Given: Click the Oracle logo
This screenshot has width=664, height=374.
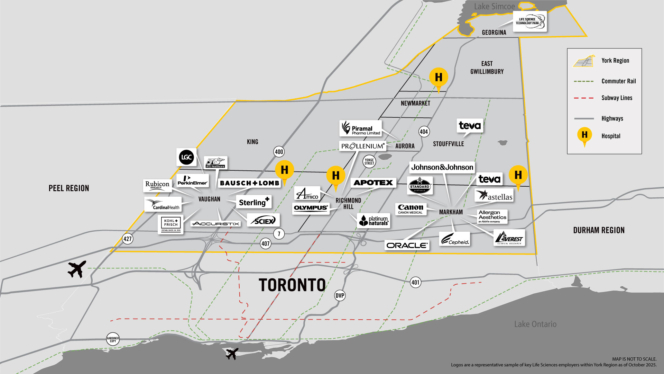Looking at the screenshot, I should coord(407,245).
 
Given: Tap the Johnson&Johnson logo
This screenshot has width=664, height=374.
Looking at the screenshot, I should coord(442,167).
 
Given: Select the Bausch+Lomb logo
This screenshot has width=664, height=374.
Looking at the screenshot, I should coord(249,183).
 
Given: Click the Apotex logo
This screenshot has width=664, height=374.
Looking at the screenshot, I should coord(373,182).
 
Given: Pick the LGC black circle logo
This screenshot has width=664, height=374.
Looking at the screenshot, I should coord(186,157).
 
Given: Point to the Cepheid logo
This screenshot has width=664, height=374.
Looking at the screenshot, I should coord(455,239).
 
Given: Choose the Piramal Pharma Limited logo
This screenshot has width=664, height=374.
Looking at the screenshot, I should coord(361,128).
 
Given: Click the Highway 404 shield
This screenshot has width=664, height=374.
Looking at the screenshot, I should coord(424,132).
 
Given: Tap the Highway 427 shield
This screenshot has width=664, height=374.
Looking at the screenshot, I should coord(128,239).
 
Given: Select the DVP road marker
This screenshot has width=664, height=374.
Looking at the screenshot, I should coord(340,295).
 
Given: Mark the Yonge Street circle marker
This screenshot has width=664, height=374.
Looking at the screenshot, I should coord(369,161).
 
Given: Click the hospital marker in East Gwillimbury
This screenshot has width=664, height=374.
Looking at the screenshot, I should coord(439,78).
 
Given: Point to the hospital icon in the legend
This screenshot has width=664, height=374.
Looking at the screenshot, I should coord(584,135).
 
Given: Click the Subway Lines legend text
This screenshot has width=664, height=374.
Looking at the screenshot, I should coord(617,98).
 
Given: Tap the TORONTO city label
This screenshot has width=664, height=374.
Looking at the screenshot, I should coord(292,285).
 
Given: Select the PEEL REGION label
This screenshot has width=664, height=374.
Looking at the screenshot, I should coord(69,188).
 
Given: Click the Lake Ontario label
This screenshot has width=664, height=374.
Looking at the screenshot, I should coord(535,324).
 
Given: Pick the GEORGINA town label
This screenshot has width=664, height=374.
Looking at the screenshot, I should coord(494,33).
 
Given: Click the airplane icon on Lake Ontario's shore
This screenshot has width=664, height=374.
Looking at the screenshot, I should coord(232,354).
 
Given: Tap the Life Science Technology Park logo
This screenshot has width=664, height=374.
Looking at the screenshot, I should coord(529,21).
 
